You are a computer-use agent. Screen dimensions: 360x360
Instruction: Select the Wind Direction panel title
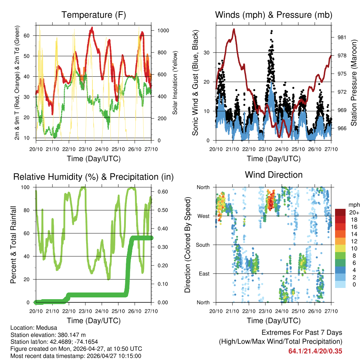(x=274, y=175)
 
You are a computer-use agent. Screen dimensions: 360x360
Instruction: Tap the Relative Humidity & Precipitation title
(x=94, y=177)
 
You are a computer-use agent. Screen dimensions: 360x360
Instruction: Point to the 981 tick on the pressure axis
(x=342, y=37)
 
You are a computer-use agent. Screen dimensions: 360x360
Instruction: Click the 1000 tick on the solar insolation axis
(x=163, y=31)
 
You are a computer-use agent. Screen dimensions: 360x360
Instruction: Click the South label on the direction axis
(x=202, y=245)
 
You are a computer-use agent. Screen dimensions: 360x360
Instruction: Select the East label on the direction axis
(x=204, y=274)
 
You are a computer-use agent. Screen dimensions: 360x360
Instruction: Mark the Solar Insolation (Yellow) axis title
(x=175, y=83)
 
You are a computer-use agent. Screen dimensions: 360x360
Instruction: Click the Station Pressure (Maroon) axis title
(x=354, y=83)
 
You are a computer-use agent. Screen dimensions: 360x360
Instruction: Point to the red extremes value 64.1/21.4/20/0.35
(x=315, y=351)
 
